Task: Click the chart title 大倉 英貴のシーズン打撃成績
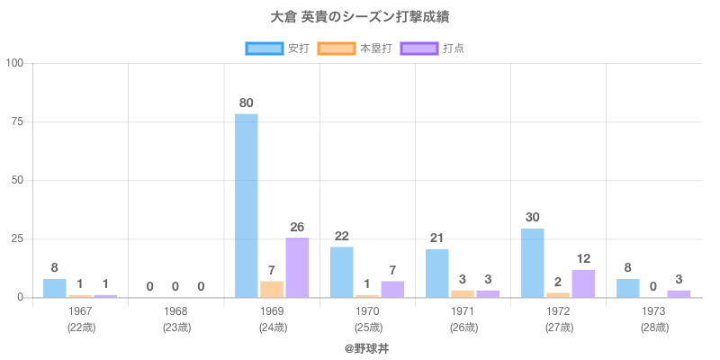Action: pos(360,17)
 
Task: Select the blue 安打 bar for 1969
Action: pos(247,205)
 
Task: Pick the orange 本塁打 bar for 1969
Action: pos(272,289)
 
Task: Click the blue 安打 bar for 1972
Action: pos(533,263)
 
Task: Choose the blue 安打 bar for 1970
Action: pos(342,272)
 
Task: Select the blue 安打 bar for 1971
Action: pos(437,273)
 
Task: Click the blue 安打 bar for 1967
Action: pos(55,288)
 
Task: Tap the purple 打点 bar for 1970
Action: pos(392,289)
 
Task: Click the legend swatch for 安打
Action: pos(264,49)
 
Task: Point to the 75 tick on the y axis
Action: pos(15,121)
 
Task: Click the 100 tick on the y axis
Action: pos(13,63)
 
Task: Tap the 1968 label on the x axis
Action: pos(175,311)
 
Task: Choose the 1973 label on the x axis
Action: pos(654,311)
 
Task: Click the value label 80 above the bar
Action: pos(247,103)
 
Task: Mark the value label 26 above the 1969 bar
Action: pos(297,227)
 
